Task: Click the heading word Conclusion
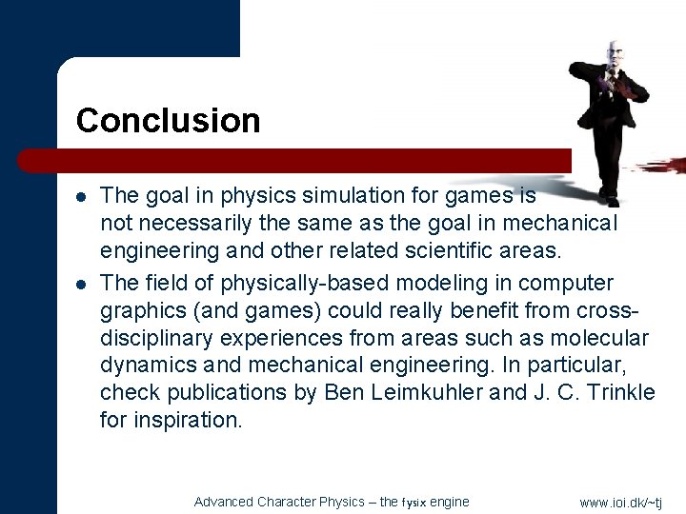click(168, 121)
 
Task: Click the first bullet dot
click(82, 197)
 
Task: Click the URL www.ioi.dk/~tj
click(620, 503)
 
